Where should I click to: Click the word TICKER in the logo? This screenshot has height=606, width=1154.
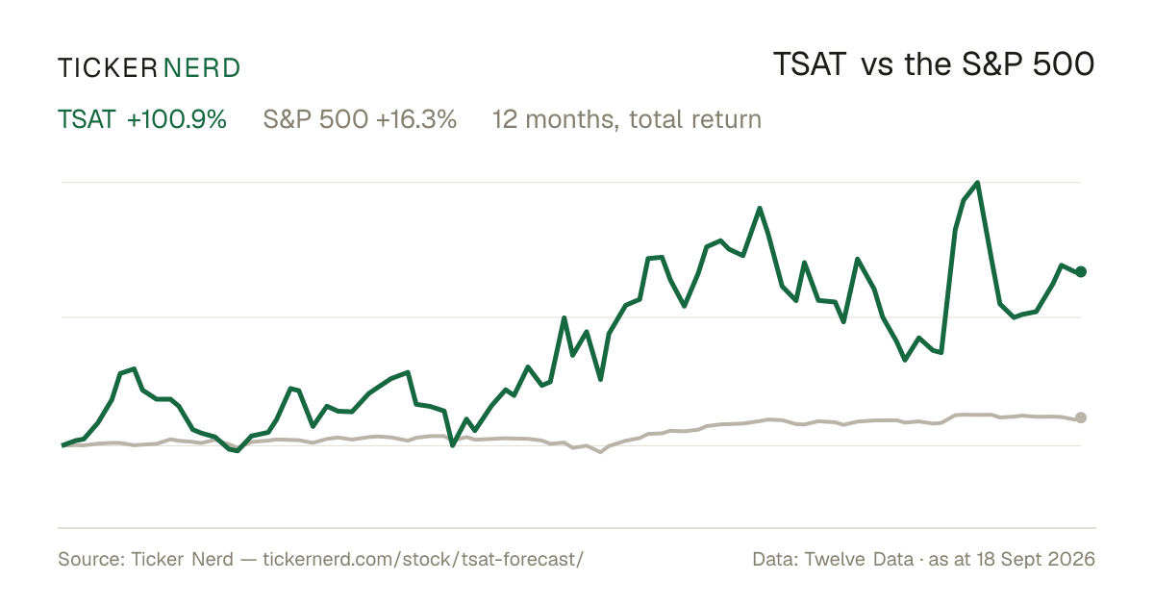tap(107, 68)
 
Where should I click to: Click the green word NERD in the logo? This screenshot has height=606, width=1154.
tap(201, 68)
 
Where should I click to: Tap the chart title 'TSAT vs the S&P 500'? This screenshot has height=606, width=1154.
tap(934, 65)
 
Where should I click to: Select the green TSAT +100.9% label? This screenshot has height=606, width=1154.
tap(142, 119)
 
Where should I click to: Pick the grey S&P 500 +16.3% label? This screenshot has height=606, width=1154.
tap(360, 119)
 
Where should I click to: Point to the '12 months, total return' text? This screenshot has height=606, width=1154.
tap(626, 120)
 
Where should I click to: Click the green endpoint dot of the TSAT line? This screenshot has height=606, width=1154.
tap(1081, 271)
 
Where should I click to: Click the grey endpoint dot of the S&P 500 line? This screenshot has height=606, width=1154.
tap(1081, 417)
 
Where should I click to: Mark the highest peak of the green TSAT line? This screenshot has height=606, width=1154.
tap(977, 183)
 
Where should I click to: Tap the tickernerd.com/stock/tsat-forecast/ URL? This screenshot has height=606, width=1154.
tap(423, 559)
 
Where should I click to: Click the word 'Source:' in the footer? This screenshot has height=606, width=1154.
tap(91, 559)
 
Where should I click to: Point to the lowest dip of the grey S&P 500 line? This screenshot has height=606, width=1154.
tap(600, 452)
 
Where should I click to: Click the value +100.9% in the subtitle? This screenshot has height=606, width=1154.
tap(177, 119)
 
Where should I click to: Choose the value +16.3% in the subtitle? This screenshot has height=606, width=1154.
tap(416, 119)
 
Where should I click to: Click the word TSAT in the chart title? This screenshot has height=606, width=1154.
tap(810, 65)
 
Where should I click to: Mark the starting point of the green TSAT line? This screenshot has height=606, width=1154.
tap(63, 445)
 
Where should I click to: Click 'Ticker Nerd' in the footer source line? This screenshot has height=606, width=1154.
tap(182, 559)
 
